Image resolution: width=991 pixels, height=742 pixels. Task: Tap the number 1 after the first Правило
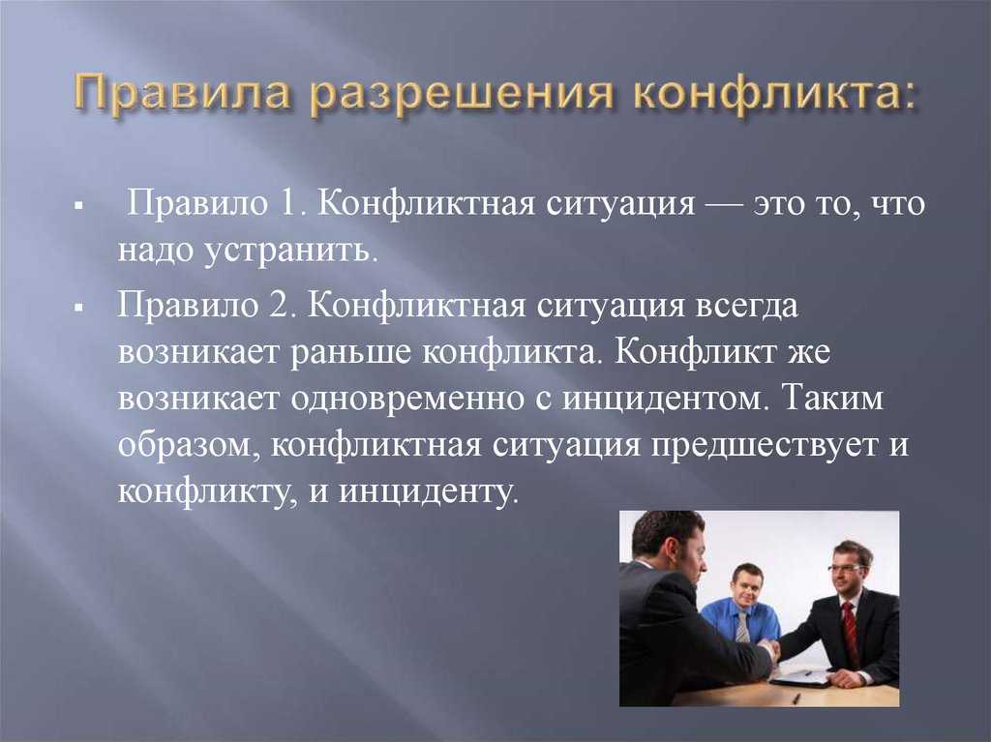click(287, 205)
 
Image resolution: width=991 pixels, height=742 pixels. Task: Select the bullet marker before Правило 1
click(85, 209)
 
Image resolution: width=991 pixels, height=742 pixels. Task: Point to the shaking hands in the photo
click(770, 651)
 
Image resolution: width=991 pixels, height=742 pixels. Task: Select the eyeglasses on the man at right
click(845, 568)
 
